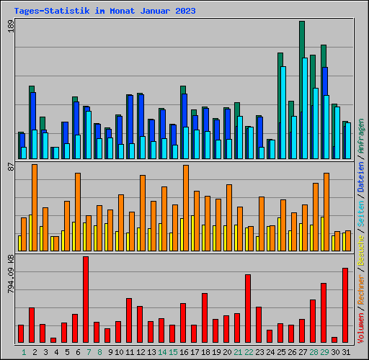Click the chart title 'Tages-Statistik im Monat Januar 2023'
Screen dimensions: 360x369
105,12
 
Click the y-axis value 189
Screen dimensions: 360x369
10,27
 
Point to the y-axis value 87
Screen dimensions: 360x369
10,167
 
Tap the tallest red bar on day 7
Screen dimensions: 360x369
86,300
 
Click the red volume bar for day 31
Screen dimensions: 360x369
345,305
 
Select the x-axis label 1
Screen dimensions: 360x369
24,352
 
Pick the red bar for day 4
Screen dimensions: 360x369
53,340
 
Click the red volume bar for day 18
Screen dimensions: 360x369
205,318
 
